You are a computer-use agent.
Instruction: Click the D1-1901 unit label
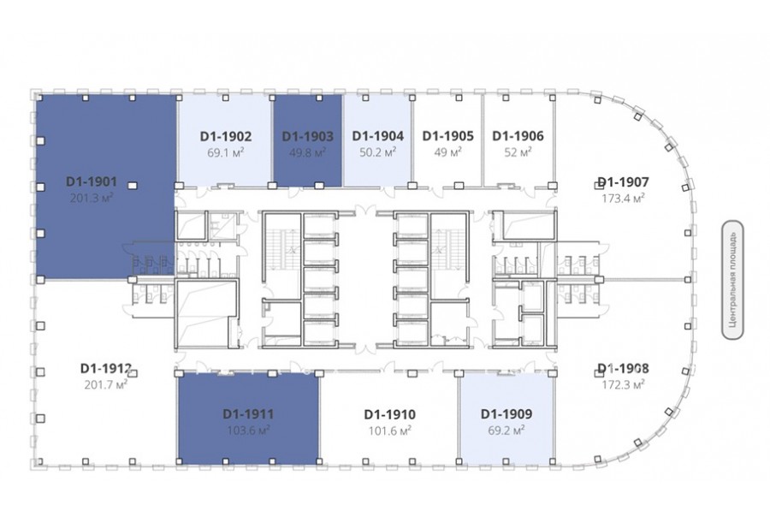point(92,181)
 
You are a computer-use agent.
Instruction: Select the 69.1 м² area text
point(225,152)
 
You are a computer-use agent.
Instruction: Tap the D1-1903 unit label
point(307,136)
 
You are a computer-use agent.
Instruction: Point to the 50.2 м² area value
point(377,152)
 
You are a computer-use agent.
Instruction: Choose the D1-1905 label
point(447,136)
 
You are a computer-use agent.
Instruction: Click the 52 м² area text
point(518,152)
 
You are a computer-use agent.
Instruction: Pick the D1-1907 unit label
point(623,182)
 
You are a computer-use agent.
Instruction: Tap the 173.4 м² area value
point(623,198)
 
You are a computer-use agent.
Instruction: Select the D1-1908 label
point(623,369)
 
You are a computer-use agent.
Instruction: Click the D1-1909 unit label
point(506,414)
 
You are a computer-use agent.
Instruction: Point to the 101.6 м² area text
point(390,431)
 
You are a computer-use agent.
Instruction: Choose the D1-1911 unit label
point(248,414)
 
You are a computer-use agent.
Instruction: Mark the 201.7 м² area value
point(105,384)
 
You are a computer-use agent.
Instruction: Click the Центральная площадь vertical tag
point(732,280)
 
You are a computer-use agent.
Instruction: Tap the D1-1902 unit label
point(225,136)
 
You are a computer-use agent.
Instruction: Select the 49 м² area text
point(447,152)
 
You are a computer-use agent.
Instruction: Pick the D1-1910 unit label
point(390,415)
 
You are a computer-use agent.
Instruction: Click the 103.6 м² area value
point(248,431)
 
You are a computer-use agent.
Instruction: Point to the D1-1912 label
point(105,369)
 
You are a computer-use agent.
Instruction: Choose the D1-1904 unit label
point(377,136)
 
